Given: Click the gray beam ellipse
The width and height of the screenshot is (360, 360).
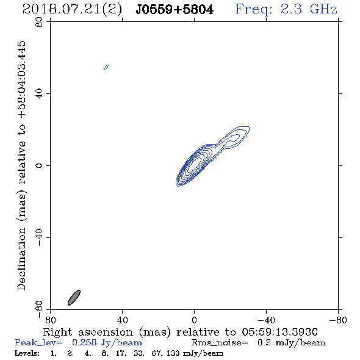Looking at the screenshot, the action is tap(74, 298).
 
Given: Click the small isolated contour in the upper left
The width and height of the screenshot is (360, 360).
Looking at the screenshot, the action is tap(106, 67).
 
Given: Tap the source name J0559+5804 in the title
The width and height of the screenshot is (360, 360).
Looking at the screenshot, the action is tap(175, 10).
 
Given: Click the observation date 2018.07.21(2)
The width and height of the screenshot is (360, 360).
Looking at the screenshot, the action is tap(72, 10).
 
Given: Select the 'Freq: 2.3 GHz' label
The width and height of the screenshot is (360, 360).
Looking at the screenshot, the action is tap(286, 9).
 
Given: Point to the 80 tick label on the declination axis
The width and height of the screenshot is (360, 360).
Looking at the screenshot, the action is tap(39, 22).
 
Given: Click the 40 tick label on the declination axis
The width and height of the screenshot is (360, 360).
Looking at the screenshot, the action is tap(39, 94).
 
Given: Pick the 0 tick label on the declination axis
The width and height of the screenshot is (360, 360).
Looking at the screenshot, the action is tap(39, 165).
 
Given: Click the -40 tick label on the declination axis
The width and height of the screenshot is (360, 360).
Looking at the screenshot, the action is tap(39, 237).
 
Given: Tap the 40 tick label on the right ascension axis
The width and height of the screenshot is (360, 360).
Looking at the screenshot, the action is tap(122, 320).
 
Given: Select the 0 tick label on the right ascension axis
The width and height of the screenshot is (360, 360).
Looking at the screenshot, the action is tap(194, 320).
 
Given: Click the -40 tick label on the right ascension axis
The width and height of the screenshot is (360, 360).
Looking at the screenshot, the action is tap(266, 320).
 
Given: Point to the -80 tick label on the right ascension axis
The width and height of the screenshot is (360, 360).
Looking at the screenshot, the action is tap(338, 320).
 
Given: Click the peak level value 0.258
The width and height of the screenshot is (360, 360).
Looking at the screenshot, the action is tap(84, 342).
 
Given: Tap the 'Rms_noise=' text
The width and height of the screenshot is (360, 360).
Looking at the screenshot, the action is tap(220, 343).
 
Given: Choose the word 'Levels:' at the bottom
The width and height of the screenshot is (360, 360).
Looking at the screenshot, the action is tap(27, 353).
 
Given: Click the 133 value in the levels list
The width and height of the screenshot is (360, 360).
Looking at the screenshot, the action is tap(173, 353).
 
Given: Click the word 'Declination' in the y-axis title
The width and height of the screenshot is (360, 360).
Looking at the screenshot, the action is tap(21, 259).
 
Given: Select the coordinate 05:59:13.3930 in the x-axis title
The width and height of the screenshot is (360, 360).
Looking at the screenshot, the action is tap(279, 332).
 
